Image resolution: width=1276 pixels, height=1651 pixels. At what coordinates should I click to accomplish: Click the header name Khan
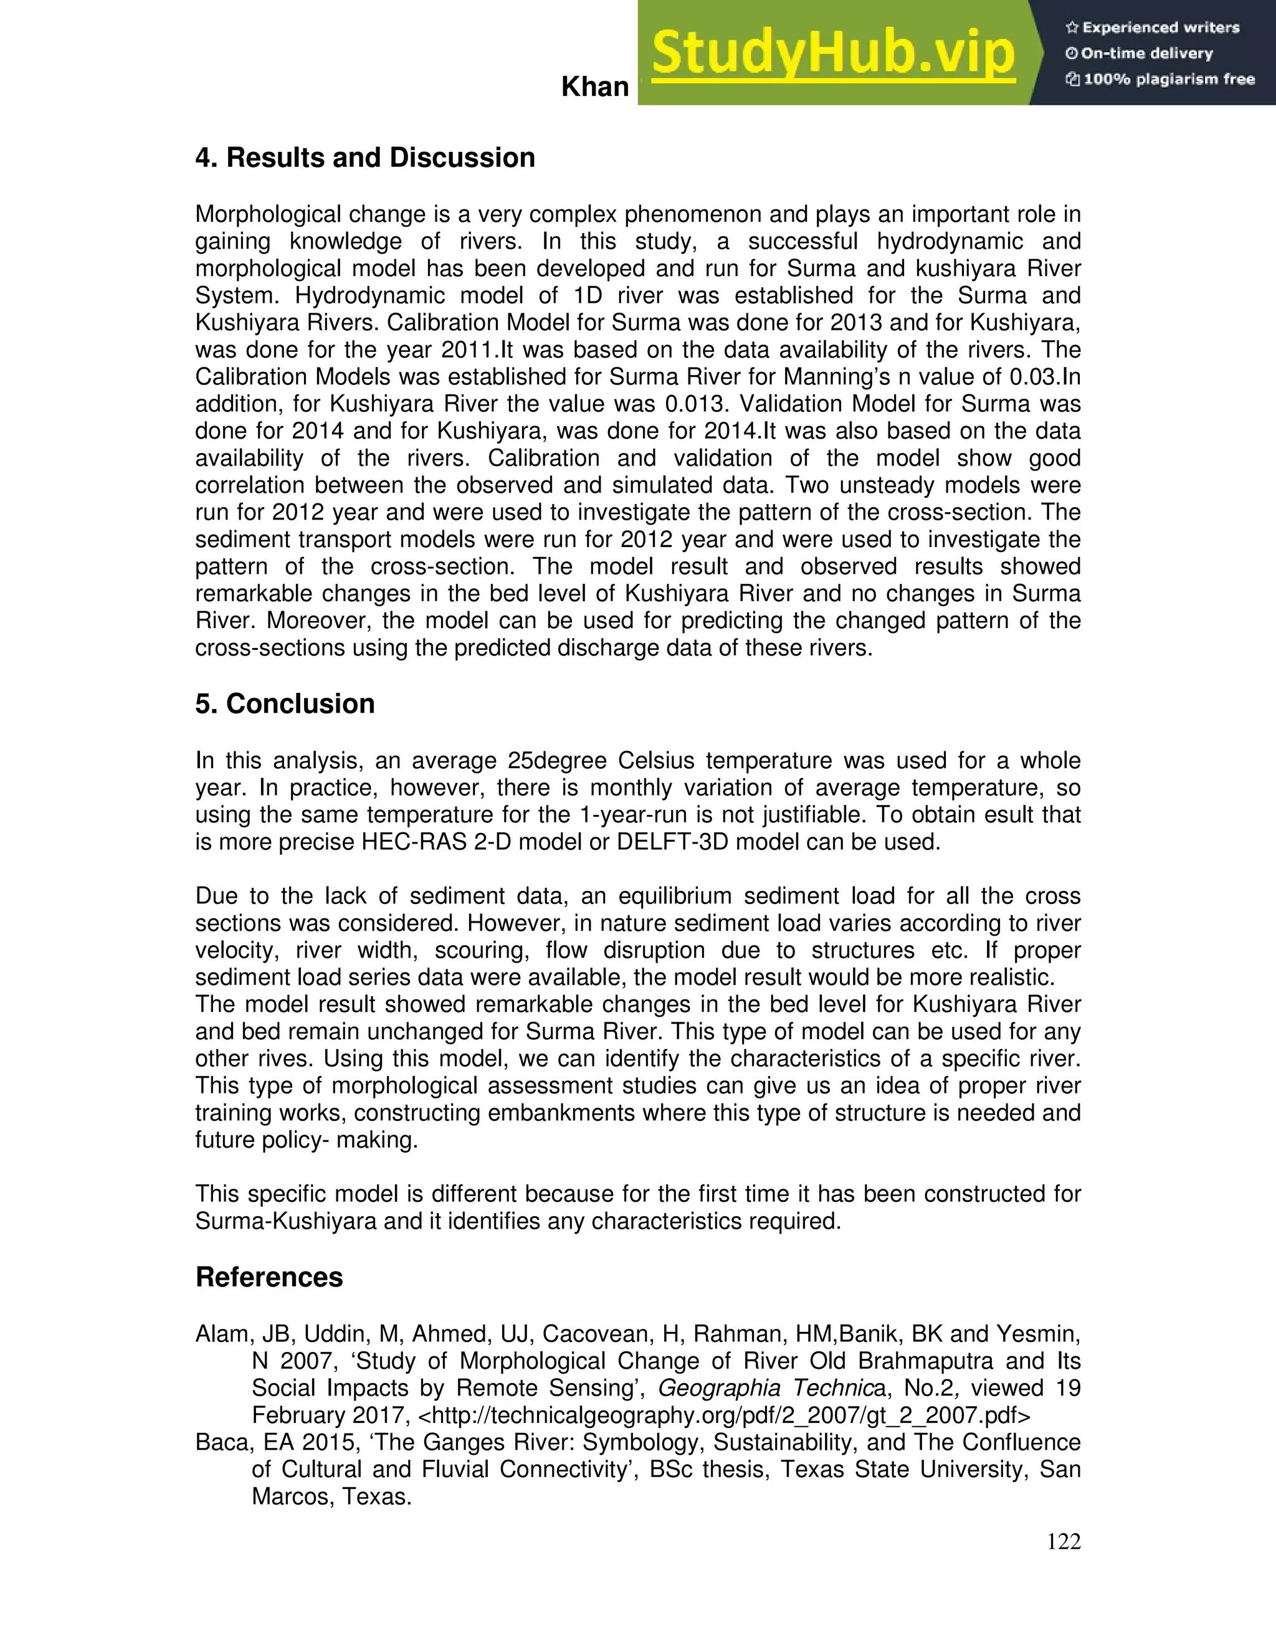[595, 88]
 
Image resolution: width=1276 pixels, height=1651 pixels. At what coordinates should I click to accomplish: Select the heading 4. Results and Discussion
[365, 157]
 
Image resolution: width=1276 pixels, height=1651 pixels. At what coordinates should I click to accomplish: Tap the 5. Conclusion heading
[285, 703]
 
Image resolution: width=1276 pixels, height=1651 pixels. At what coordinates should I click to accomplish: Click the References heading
[269, 1277]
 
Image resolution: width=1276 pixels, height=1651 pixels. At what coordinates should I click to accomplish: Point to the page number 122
[1064, 1541]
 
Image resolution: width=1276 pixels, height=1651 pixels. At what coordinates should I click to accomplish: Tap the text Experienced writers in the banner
[1160, 28]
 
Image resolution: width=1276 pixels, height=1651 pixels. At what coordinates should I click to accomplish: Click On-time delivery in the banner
[1146, 54]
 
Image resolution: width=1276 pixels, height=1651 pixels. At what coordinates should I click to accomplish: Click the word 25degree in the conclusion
[559, 761]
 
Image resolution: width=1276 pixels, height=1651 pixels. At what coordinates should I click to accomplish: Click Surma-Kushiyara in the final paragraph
[286, 1221]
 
